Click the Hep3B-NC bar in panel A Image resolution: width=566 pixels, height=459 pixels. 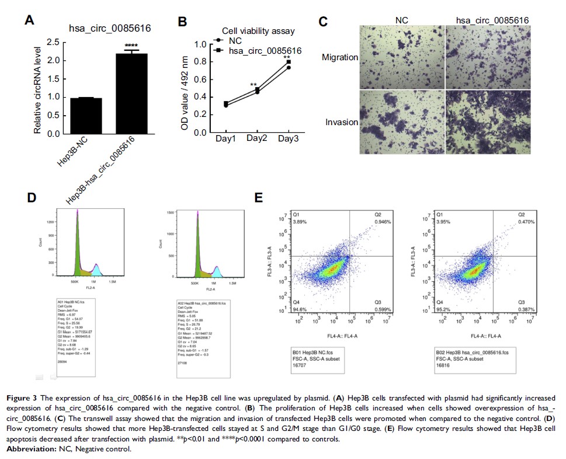pyautogui.click(x=86, y=116)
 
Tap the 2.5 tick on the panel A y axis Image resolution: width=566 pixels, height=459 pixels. pyautogui.click(x=53, y=42)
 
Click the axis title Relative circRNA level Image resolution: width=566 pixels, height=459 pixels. pyautogui.click(x=37, y=88)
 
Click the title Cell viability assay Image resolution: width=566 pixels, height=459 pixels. pyautogui.click(x=258, y=31)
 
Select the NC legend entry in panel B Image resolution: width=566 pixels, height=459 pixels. pyautogui.click(x=235, y=41)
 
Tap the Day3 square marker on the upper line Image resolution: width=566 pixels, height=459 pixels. pyautogui.click(x=289, y=61)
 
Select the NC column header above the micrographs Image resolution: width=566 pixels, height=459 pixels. pyautogui.click(x=402, y=20)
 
